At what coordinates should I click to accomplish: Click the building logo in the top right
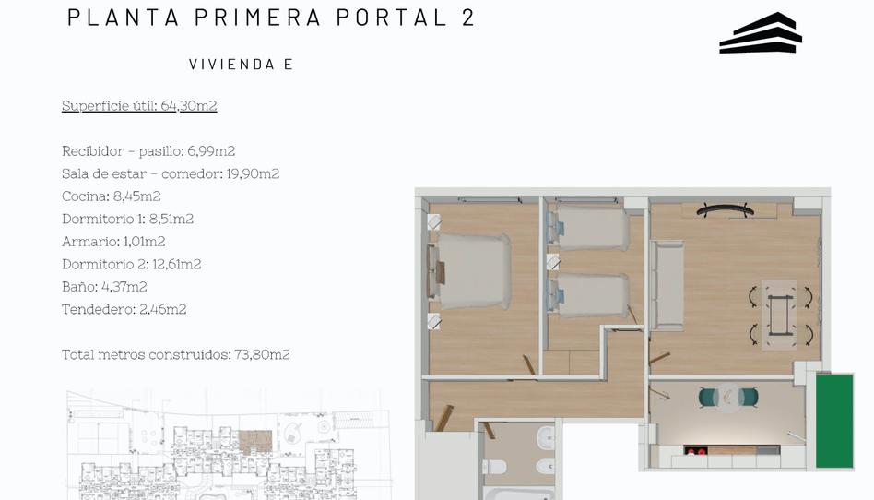[761, 33]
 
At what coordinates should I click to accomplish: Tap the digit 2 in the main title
[467, 18]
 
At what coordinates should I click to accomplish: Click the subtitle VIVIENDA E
[241, 64]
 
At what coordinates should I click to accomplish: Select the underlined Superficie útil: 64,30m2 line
[139, 105]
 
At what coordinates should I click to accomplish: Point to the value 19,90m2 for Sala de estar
[253, 173]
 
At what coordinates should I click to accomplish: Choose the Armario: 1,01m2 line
[113, 241]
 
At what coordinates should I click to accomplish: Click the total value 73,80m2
[263, 354]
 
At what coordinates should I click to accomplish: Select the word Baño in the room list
[78, 286]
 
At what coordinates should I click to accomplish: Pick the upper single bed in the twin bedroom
[591, 228]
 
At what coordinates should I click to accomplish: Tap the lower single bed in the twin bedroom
[591, 295]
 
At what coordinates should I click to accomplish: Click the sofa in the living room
[667, 285]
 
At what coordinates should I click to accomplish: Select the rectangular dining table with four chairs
[779, 314]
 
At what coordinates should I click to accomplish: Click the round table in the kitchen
[728, 397]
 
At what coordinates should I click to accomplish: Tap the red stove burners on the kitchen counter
[695, 451]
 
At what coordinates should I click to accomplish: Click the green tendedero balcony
[834, 421]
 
